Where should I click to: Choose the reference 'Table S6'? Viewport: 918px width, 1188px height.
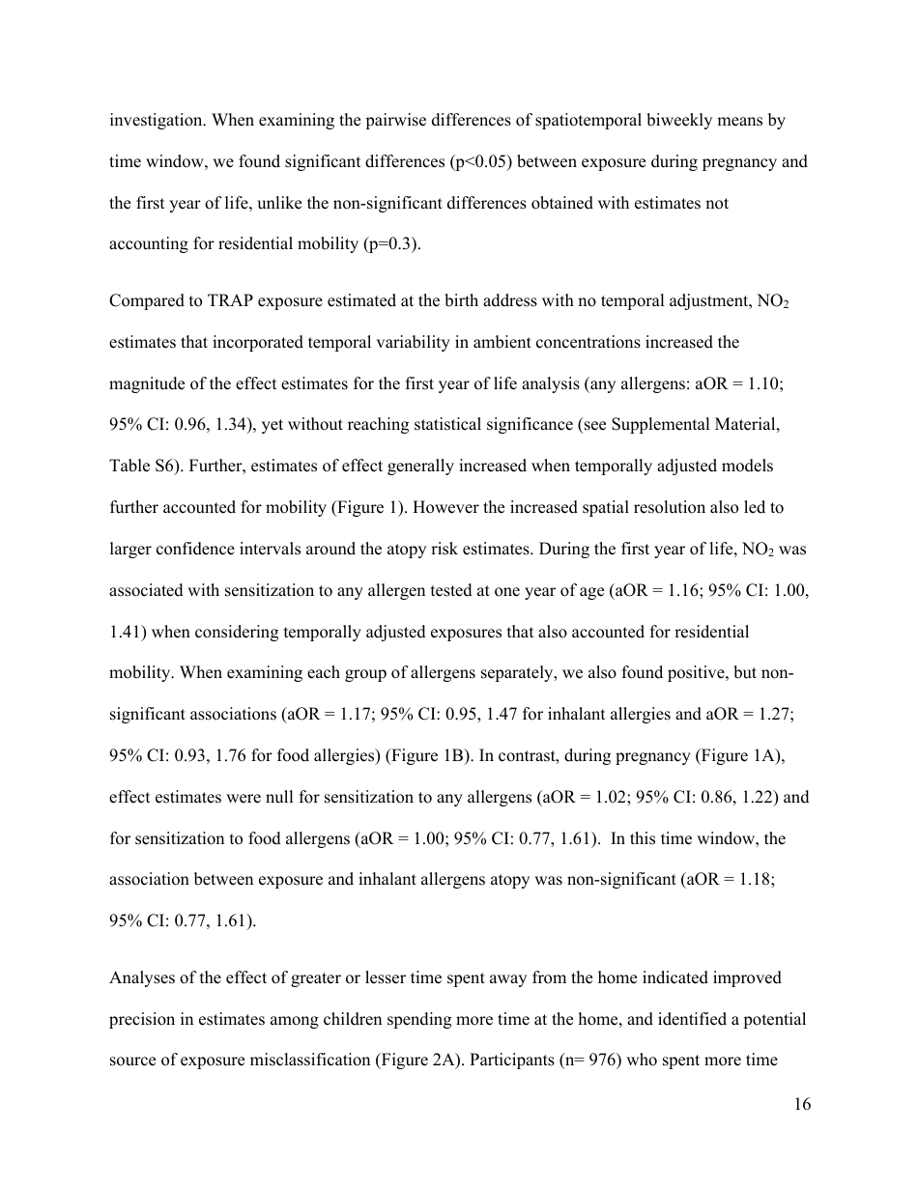pyautogui.click(x=145, y=466)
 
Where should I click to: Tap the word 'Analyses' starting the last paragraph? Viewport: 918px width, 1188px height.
pyautogui.click(x=141, y=977)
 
